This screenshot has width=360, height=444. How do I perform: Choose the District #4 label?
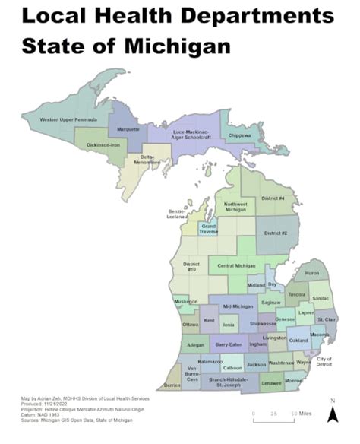pos(273,198)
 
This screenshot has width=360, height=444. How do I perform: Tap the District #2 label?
pos(274,232)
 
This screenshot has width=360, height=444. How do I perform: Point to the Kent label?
pos(210,320)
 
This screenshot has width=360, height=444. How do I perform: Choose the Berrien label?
pos(172,385)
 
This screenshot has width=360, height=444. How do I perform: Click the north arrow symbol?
pos(332,413)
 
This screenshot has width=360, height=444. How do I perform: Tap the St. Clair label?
pos(326,319)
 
